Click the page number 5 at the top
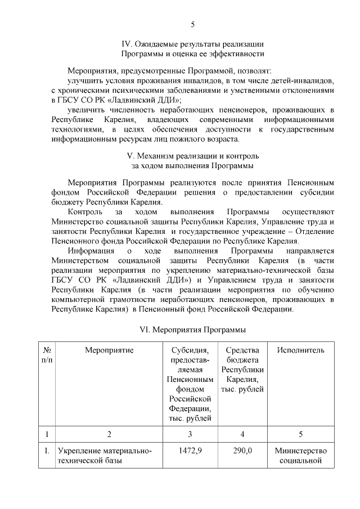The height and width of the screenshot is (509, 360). coord(192,24)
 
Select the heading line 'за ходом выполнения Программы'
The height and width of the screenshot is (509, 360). coord(192,166)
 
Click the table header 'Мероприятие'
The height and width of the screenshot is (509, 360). coord(109,350)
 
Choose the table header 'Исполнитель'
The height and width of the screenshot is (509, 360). coord(300,350)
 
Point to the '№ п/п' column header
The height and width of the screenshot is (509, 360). coord(47,355)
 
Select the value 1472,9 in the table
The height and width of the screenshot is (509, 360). coord(191,451)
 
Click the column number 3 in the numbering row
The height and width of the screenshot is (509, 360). coord(191,434)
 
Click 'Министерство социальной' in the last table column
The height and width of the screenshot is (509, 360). coord(300,456)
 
